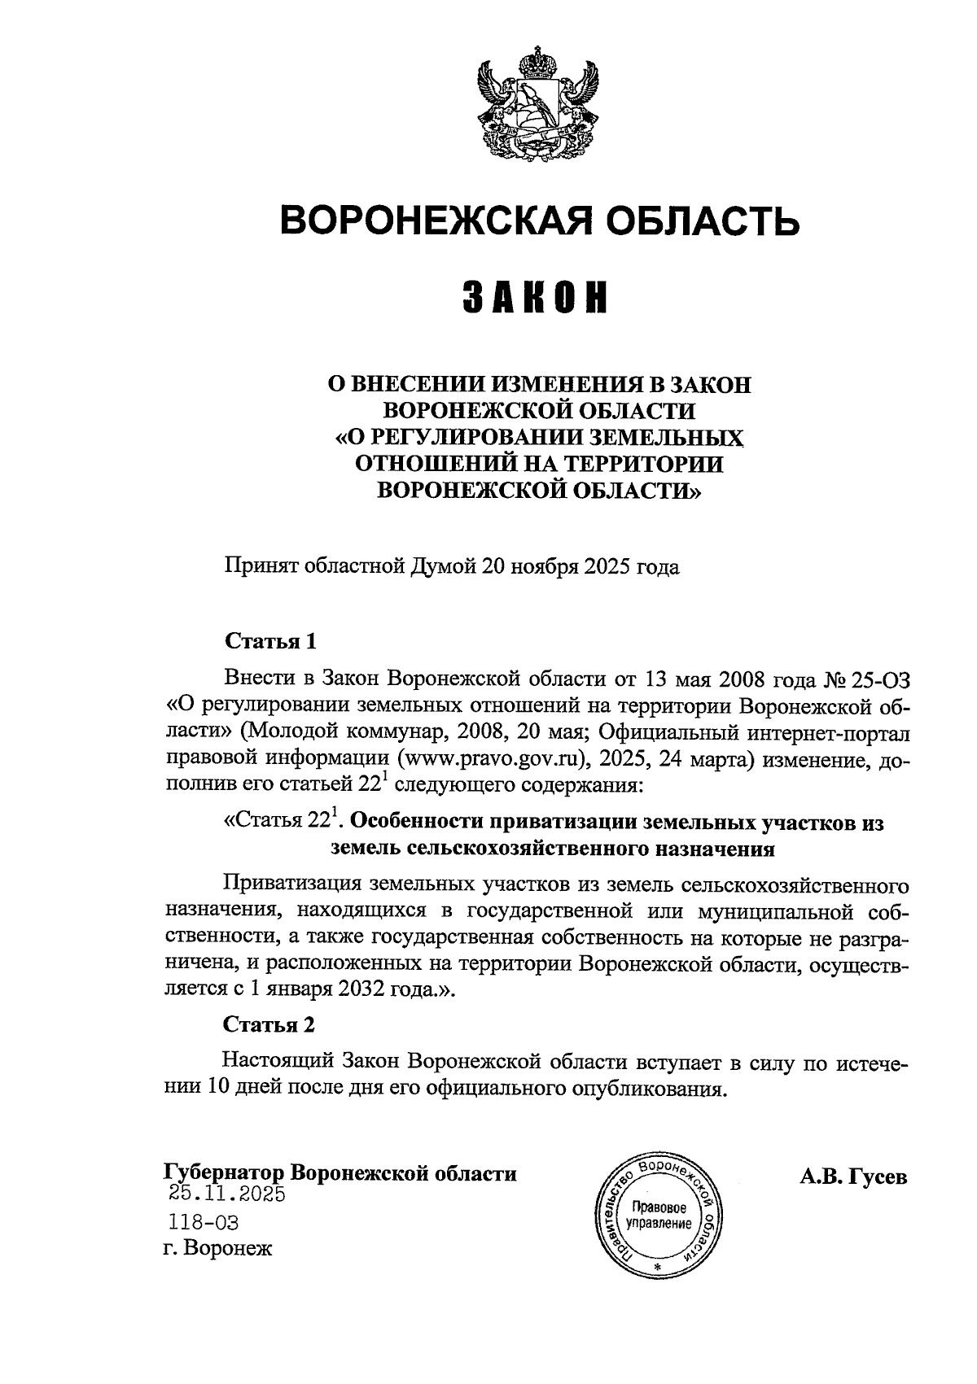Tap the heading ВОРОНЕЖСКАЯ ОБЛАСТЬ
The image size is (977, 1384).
coord(539,220)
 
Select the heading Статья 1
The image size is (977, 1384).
coord(269,641)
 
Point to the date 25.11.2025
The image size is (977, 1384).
coord(227,1194)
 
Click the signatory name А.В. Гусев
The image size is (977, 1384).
coord(853,1177)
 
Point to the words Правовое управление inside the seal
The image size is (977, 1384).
coord(659,1207)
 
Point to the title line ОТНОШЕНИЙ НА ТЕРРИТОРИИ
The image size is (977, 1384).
coord(539,464)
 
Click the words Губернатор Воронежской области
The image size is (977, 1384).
coord(340,1174)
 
